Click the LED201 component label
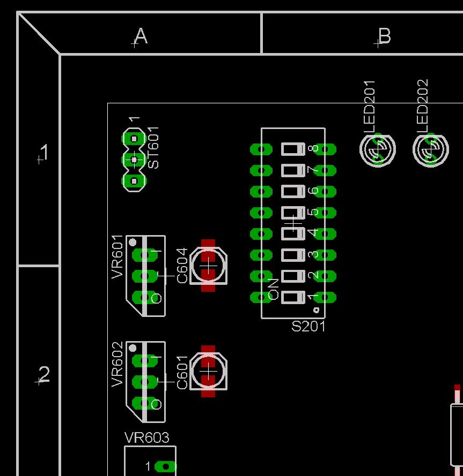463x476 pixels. point(370,106)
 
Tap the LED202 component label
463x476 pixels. point(423,106)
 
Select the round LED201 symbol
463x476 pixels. point(378,149)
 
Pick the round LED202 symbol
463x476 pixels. point(430,149)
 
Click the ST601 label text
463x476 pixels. point(153,148)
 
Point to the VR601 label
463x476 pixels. point(117,258)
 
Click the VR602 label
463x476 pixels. point(117,364)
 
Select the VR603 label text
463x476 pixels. point(146,438)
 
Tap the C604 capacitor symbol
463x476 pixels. point(208,265)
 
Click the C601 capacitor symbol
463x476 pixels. point(208,371)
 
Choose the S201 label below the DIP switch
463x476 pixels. point(308,326)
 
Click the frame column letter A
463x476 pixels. point(141,36)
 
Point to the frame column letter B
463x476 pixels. point(384,36)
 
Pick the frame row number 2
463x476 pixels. point(45,374)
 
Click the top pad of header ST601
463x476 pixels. point(134,139)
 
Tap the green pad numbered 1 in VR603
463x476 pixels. point(166,467)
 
